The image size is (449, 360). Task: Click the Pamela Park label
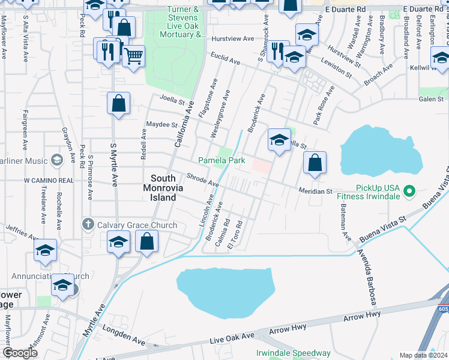click(222, 161)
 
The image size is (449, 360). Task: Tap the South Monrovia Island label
click(163, 188)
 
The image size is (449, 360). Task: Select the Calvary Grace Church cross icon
click(88, 225)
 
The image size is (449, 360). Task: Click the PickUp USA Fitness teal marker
click(409, 191)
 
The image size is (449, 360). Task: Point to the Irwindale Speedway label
click(294, 353)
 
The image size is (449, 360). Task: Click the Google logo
click(20, 353)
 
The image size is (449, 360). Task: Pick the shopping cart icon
click(133, 56)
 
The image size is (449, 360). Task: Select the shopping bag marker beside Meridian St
click(315, 163)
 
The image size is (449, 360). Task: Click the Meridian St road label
click(316, 191)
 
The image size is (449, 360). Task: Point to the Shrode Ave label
click(202, 179)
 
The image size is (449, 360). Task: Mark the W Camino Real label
click(49, 180)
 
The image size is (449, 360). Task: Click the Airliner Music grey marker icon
click(56, 160)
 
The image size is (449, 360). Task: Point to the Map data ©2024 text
click(423, 355)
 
